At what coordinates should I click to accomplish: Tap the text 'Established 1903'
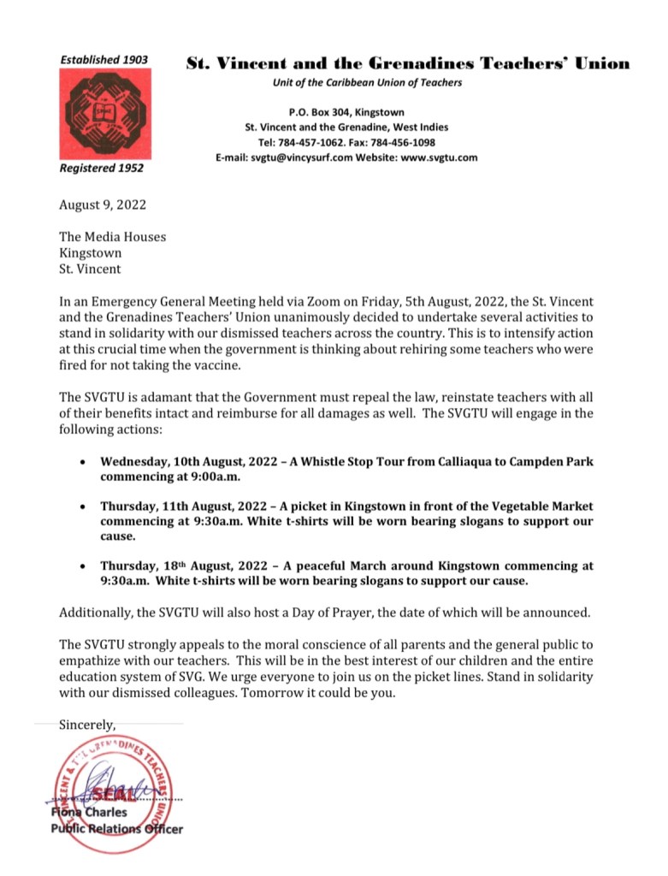tap(103, 60)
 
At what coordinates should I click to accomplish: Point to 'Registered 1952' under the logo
tap(101, 169)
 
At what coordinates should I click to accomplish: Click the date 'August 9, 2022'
tap(102, 205)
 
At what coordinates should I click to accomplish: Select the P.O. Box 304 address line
tap(346, 112)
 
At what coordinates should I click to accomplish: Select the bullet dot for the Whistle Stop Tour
tap(81, 462)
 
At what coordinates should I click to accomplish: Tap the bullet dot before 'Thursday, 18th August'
tap(81, 566)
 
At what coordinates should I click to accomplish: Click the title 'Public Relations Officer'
tap(116, 828)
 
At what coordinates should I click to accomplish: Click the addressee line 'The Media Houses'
tap(112, 237)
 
